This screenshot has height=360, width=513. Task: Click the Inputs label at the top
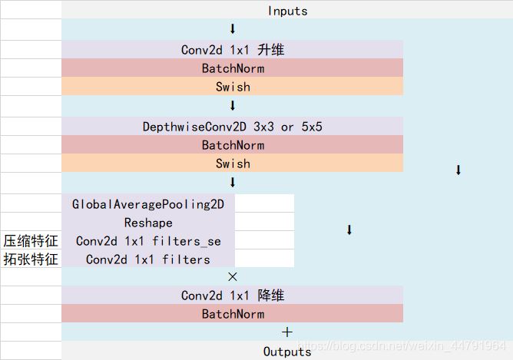287,11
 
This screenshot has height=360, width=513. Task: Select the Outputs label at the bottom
287,352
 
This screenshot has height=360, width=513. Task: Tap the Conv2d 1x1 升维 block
233,50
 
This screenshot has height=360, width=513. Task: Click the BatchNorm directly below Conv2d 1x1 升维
233,68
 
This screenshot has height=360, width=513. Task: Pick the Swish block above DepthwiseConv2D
233,87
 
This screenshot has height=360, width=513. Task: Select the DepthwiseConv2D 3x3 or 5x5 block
233,127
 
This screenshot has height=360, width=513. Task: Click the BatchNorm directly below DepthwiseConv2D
233,145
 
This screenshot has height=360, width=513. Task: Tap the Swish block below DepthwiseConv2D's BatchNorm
233,163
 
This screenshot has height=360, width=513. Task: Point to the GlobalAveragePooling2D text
148,204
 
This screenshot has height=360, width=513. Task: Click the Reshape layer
148,223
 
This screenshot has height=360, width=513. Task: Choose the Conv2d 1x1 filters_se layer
148,241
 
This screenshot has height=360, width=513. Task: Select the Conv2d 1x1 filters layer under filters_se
148,259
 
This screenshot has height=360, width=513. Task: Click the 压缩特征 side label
31,241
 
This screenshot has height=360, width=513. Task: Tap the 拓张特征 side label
31,259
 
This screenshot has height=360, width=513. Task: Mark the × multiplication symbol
233,276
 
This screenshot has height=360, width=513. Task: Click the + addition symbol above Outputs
287,332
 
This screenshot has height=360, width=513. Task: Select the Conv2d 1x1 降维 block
233,296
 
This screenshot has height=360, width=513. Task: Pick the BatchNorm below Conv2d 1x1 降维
233,314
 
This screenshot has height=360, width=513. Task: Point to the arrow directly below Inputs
233,29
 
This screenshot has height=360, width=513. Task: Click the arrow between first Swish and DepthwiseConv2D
233,106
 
